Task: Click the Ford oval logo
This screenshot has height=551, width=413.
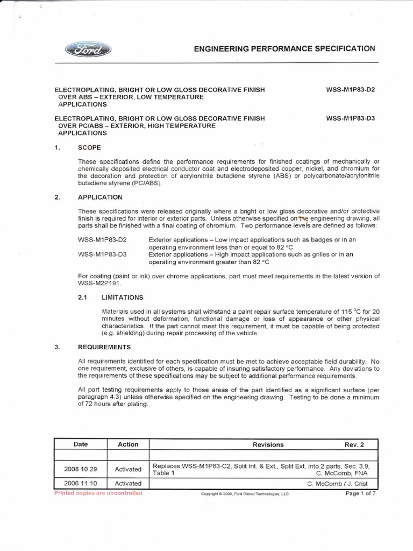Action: (88, 50)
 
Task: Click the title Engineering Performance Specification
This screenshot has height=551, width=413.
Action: (284, 48)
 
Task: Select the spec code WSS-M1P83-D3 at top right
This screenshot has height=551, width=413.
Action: (350, 118)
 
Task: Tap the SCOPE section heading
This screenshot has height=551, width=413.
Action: (89, 147)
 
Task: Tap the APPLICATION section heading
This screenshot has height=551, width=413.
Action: (100, 197)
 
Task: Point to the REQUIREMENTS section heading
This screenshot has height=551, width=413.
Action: (104, 347)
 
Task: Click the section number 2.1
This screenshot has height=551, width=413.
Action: (83, 296)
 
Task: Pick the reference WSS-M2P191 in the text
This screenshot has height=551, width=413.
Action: (99, 282)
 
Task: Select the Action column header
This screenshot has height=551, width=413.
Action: (128, 444)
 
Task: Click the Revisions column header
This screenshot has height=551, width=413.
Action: (268, 445)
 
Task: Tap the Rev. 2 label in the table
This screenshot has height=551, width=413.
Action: (354, 445)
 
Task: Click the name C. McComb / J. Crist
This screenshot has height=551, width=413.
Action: (341, 484)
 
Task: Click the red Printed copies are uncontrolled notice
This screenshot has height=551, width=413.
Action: (98, 493)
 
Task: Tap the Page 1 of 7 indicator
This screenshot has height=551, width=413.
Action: (361, 493)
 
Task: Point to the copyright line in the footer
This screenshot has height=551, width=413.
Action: (244, 494)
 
